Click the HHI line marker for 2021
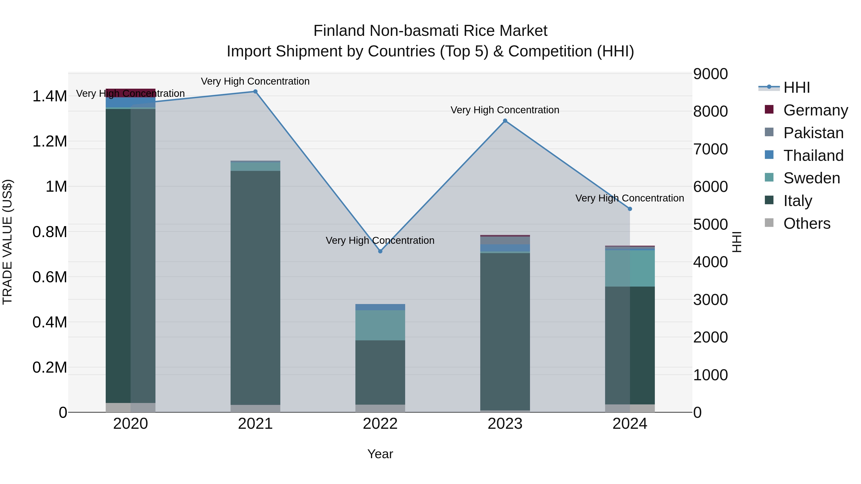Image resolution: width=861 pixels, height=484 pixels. pos(255,92)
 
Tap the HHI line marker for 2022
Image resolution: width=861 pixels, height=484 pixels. pos(380,251)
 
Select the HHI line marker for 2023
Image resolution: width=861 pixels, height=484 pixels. pos(505,121)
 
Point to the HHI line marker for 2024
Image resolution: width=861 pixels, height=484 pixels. pos(630,209)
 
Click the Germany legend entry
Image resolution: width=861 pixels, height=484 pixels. pos(815,110)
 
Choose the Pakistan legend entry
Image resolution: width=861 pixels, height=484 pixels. pos(813,133)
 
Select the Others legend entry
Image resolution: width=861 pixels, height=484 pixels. pos(806,223)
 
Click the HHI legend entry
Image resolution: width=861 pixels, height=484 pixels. pos(796,87)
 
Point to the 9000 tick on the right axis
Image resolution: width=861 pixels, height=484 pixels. pos(710,74)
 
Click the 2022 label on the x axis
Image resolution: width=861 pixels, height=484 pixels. pos(380,424)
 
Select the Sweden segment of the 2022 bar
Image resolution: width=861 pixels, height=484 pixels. pos(380,325)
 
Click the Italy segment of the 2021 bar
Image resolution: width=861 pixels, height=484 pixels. pos(255,287)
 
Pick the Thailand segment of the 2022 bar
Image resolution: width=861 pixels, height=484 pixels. pos(380,307)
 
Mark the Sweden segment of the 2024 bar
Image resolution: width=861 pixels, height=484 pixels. pos(630,268)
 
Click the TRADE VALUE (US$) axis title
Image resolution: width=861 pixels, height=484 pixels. pos(7,242)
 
